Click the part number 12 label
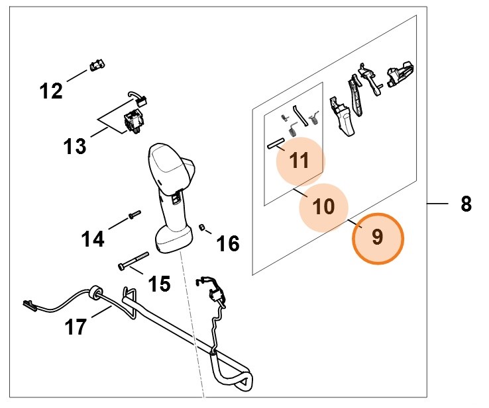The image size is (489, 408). (51, 90)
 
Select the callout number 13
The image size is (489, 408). (75, 145)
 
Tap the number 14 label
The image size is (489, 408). (93, 237)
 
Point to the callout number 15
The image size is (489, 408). (158, 284)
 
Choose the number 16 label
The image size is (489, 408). (228, 244)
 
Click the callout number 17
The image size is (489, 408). (76, 326)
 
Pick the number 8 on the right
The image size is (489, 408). (466, 204)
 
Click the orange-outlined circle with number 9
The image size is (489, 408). (377, 237)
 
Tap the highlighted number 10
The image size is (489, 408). (324, 206)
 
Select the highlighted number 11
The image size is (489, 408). (299, 161)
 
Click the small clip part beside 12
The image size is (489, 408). (96, 65)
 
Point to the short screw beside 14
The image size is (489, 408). (133, 215)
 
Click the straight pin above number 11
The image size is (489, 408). (275, 142)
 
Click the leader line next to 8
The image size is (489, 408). (439, 204)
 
